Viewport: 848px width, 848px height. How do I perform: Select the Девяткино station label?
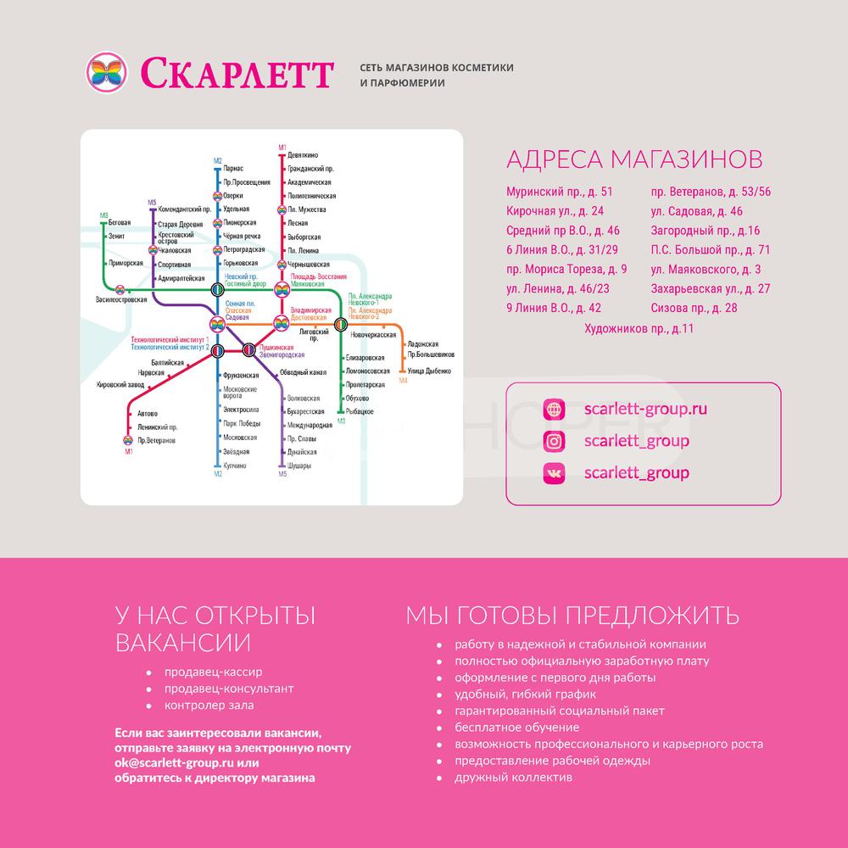click(x=303, y=156)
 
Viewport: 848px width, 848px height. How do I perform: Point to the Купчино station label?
click(x=234, y=466)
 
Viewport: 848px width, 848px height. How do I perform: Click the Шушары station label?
click(x=299, y=466)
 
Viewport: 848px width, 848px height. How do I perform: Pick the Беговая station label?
click(x=120, y=221)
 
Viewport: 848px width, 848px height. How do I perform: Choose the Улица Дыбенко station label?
click(x=430, y=371)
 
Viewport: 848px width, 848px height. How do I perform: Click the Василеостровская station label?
click(x=121, y=300)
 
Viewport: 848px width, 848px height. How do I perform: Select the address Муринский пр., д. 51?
click(x=559, y=192)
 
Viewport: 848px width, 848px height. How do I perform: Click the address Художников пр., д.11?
click(x=639, y=327)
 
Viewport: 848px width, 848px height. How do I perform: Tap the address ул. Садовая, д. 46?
click(x=696, y=211)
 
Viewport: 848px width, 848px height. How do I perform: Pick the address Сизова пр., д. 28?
click(x=695, y=308)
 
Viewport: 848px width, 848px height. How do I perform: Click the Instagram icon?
click(x=554, y=441)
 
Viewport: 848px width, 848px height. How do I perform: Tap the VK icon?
click(x=554, y=473)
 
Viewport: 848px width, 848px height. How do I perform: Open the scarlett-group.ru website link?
click(x=645, y=409)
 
